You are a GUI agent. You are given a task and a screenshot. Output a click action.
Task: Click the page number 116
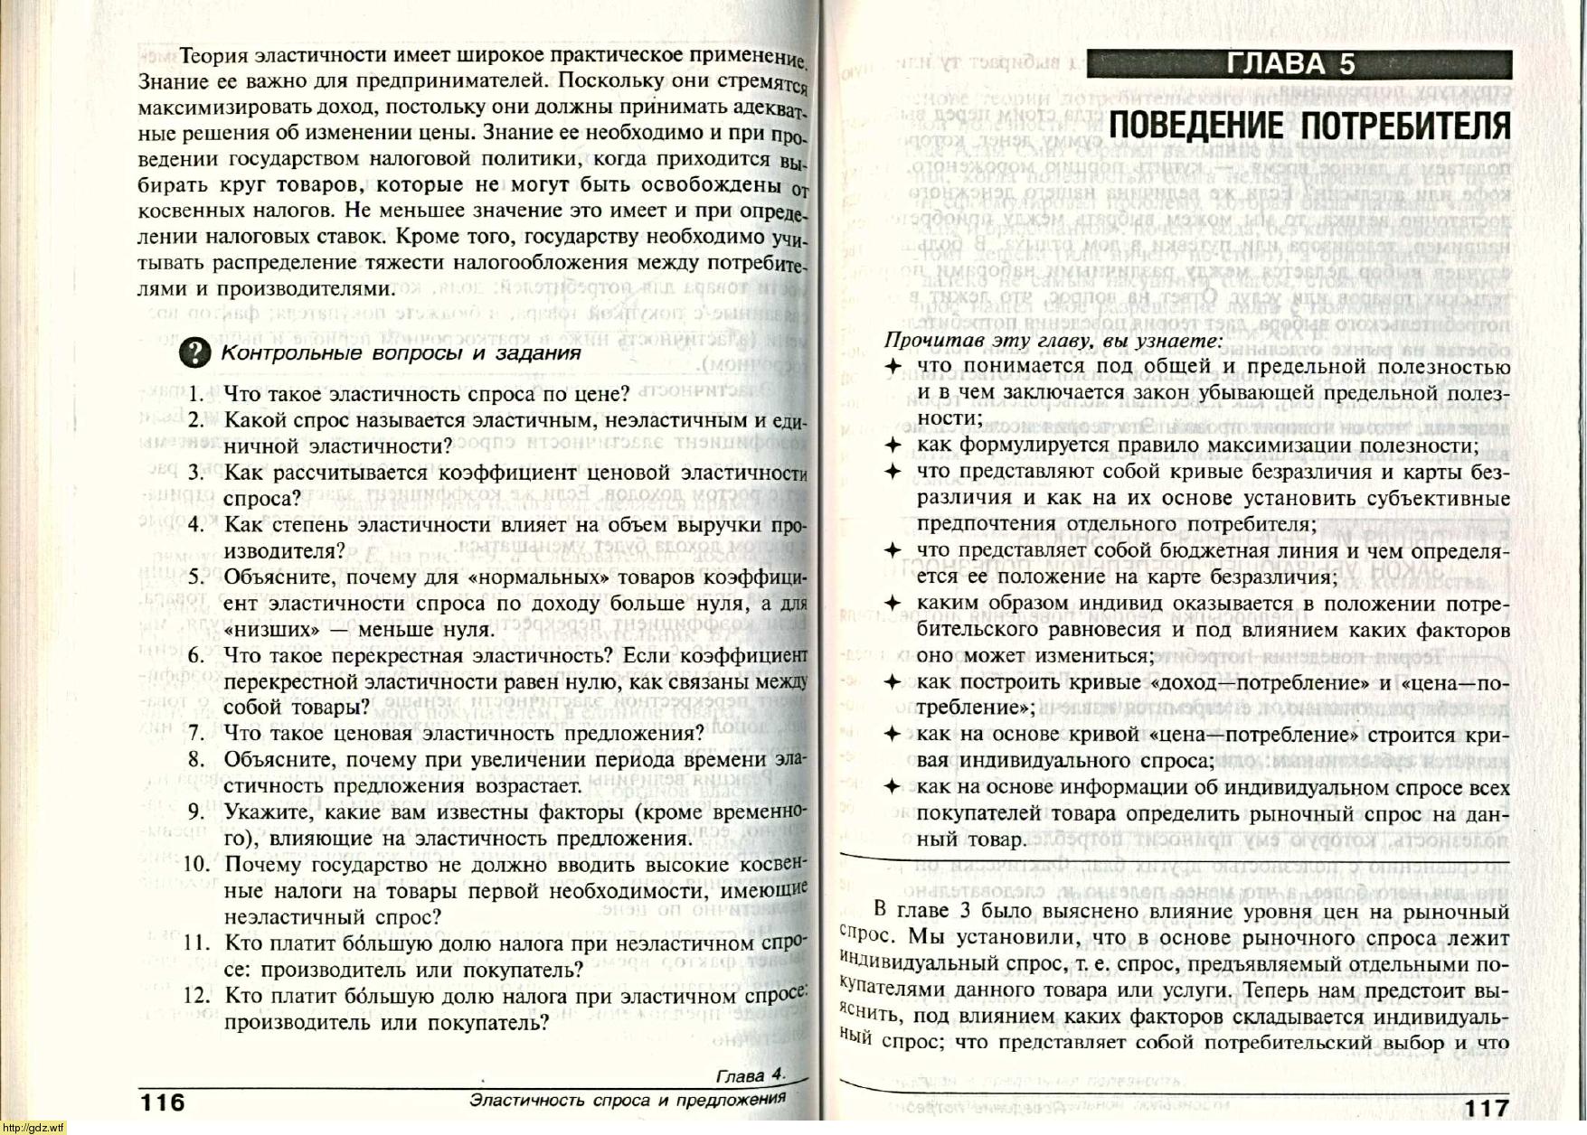click(x=162, y=1102)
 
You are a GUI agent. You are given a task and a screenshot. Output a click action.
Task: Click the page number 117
click(x=1487, y=1108)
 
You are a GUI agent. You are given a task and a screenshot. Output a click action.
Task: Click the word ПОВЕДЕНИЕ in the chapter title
click(x=1197, y=126)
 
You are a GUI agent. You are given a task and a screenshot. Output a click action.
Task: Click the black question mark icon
click(x=195, y=353)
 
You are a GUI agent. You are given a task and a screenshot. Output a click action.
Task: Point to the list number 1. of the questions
click(x=198, y=395)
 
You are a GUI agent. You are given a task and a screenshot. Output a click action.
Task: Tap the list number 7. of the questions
click(x=198, y=734)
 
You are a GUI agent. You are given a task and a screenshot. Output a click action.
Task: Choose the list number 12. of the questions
click(x=196, y=997)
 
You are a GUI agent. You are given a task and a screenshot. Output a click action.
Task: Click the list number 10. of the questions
click(x=196, y=865)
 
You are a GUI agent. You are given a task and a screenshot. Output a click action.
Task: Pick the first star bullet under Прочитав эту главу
click(x=893, y=367)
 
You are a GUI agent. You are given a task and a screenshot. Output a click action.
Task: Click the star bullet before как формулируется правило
click(x=893, y=446)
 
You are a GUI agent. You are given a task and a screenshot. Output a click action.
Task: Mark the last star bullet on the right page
click(x=893, y=787)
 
